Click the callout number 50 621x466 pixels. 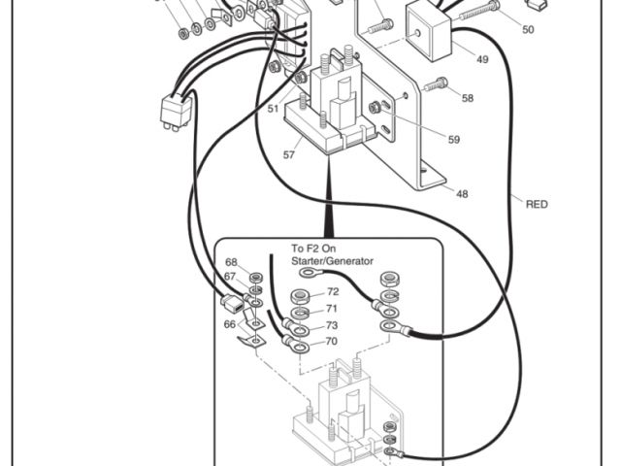pos(527,30)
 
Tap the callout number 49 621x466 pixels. pos(482,59)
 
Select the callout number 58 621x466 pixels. pos(468,98)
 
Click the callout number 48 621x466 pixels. pos(462,194)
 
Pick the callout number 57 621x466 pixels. pos(288,154)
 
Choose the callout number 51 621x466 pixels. pos(274,109)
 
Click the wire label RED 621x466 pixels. pos(537,204)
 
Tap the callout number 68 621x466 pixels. pos(231,263)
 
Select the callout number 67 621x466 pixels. pos(231,277)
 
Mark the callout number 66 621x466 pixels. pos(230,324)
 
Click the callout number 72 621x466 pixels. pos(332,292)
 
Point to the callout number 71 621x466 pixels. pos(332,309)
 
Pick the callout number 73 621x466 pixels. pos(332,325)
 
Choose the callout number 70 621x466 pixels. pos(332,341)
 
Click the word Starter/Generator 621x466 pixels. pos(332,261)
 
